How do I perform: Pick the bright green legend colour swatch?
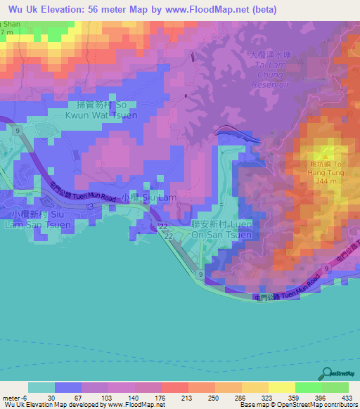tap(308, 387)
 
